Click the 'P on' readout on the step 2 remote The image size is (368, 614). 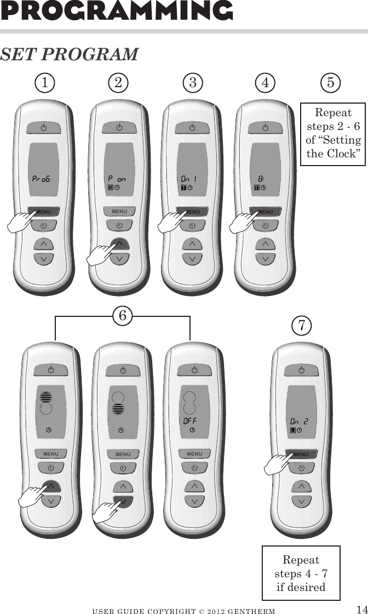[117, 179]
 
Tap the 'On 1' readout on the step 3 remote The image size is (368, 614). [189, 179]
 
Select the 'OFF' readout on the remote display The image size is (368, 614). [189, 421]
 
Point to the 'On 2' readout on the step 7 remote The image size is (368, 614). [299, 421]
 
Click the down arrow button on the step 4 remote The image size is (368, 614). [265, 258]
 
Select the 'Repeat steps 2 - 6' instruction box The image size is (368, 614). [334, 133]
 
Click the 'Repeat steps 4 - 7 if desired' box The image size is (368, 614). [301, 573]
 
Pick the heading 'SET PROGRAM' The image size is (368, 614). [69, 55]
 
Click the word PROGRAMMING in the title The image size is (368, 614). [116, 11]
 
